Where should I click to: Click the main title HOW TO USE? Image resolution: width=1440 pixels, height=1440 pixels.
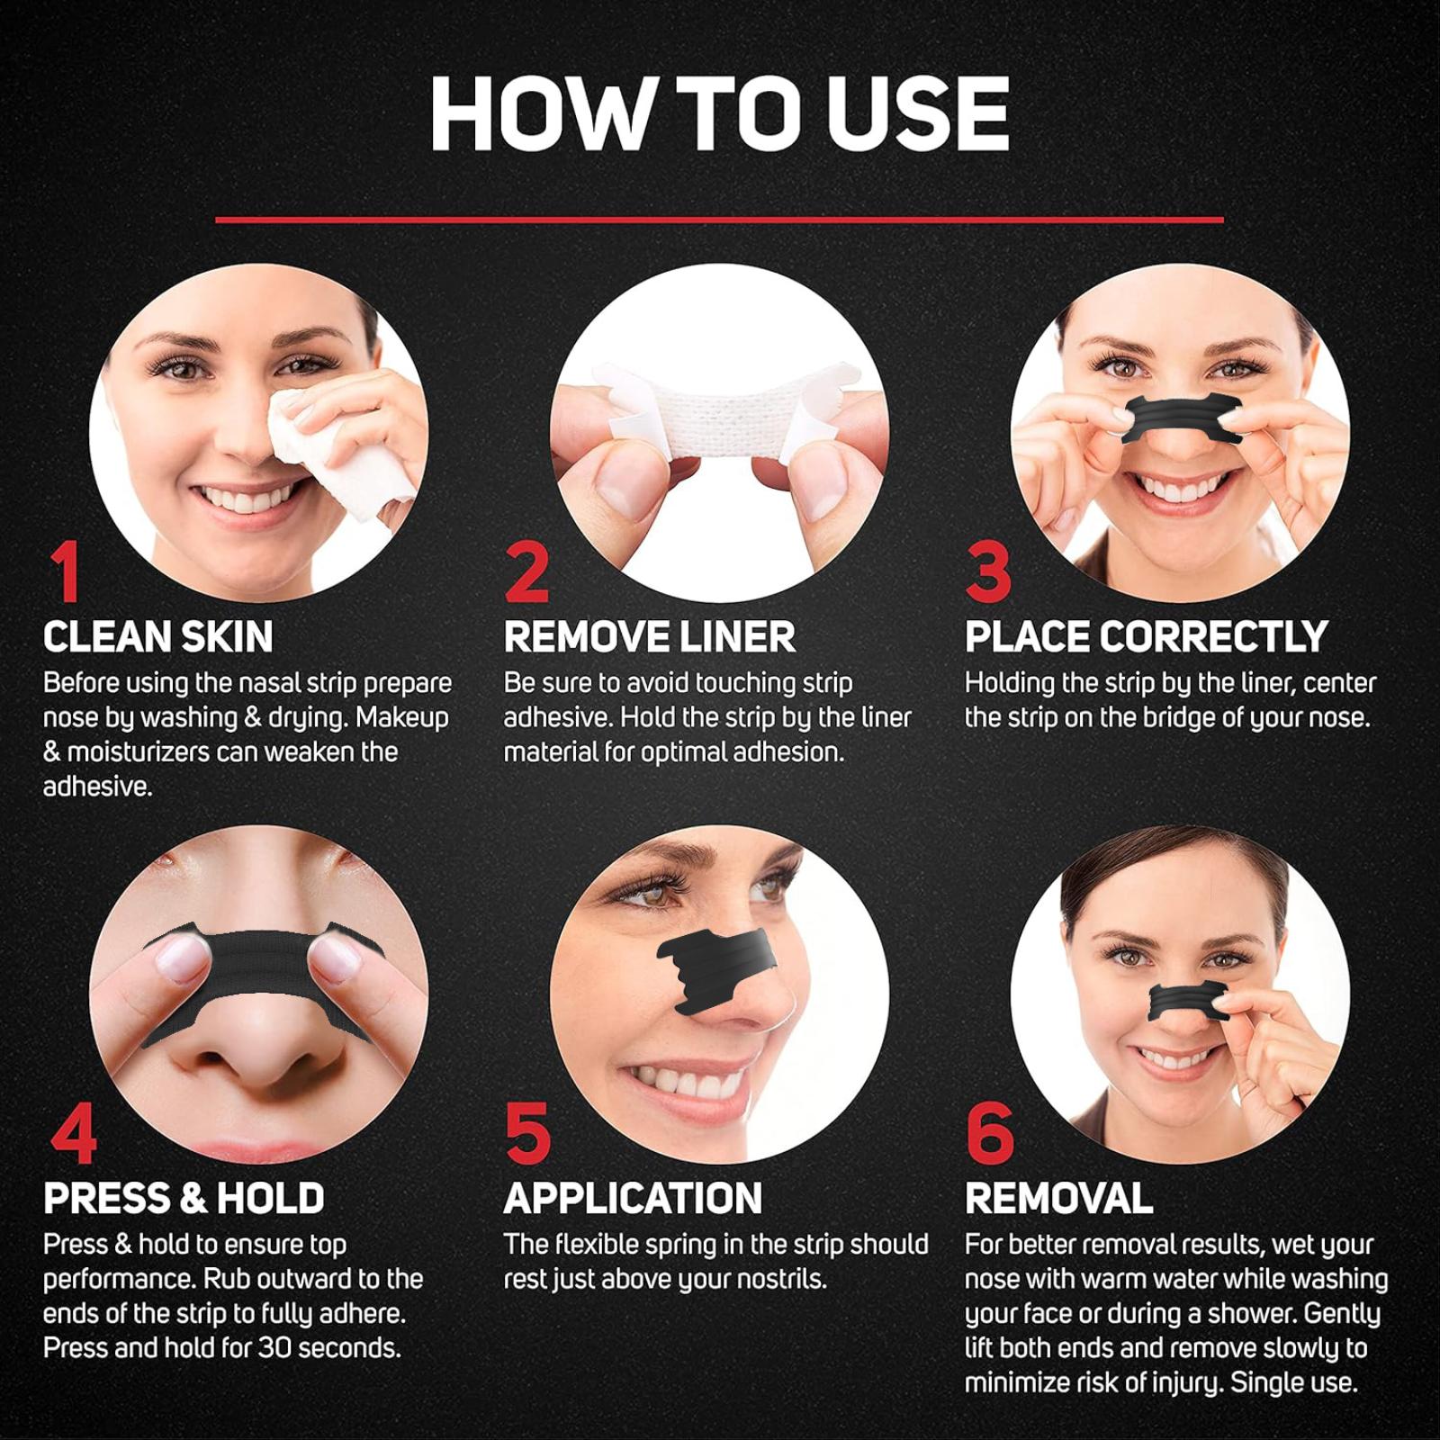click(719, 113)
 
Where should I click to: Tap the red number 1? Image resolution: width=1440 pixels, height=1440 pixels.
click(66, 572)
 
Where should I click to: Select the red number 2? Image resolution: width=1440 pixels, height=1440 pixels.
click(526, 572)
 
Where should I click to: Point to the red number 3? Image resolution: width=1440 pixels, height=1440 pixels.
click(988, 572)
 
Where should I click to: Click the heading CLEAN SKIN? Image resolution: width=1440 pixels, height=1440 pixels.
click(157, 637)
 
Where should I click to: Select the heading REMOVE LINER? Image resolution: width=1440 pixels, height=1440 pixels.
click(650, 637)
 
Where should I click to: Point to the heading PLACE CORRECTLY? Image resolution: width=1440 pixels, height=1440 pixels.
click(1146, 637)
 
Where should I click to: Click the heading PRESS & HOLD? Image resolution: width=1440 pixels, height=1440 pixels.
click(184, 1199)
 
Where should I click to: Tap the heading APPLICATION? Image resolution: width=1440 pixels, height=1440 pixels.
click(633, 1199)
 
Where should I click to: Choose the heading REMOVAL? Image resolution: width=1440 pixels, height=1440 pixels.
click(1058, 1199)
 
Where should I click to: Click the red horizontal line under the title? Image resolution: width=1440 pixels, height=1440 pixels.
click(719, 219)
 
